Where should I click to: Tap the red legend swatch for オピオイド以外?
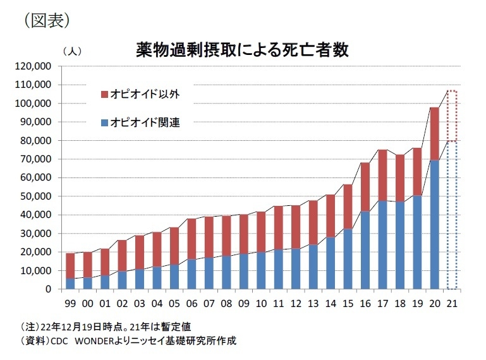tap(104, 95)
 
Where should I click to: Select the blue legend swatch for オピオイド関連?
tap(104, 123)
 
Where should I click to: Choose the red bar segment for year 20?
tap(434, 133)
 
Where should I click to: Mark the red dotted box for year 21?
tap(451, 116)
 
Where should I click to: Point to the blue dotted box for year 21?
tap(451, 215)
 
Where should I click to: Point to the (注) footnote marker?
tap(29, 326)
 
